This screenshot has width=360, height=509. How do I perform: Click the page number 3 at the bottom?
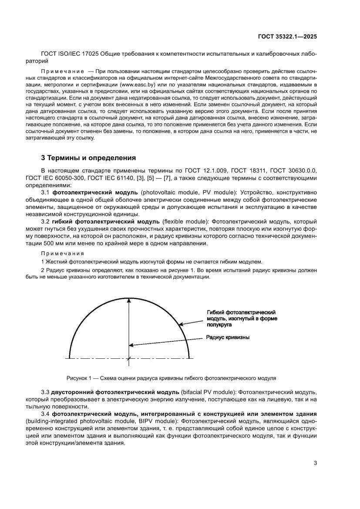pos(315,463)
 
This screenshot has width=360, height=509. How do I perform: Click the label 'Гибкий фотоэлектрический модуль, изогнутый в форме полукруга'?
pos(242,319)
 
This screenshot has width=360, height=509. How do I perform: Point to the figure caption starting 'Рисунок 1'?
pos(171,378)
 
